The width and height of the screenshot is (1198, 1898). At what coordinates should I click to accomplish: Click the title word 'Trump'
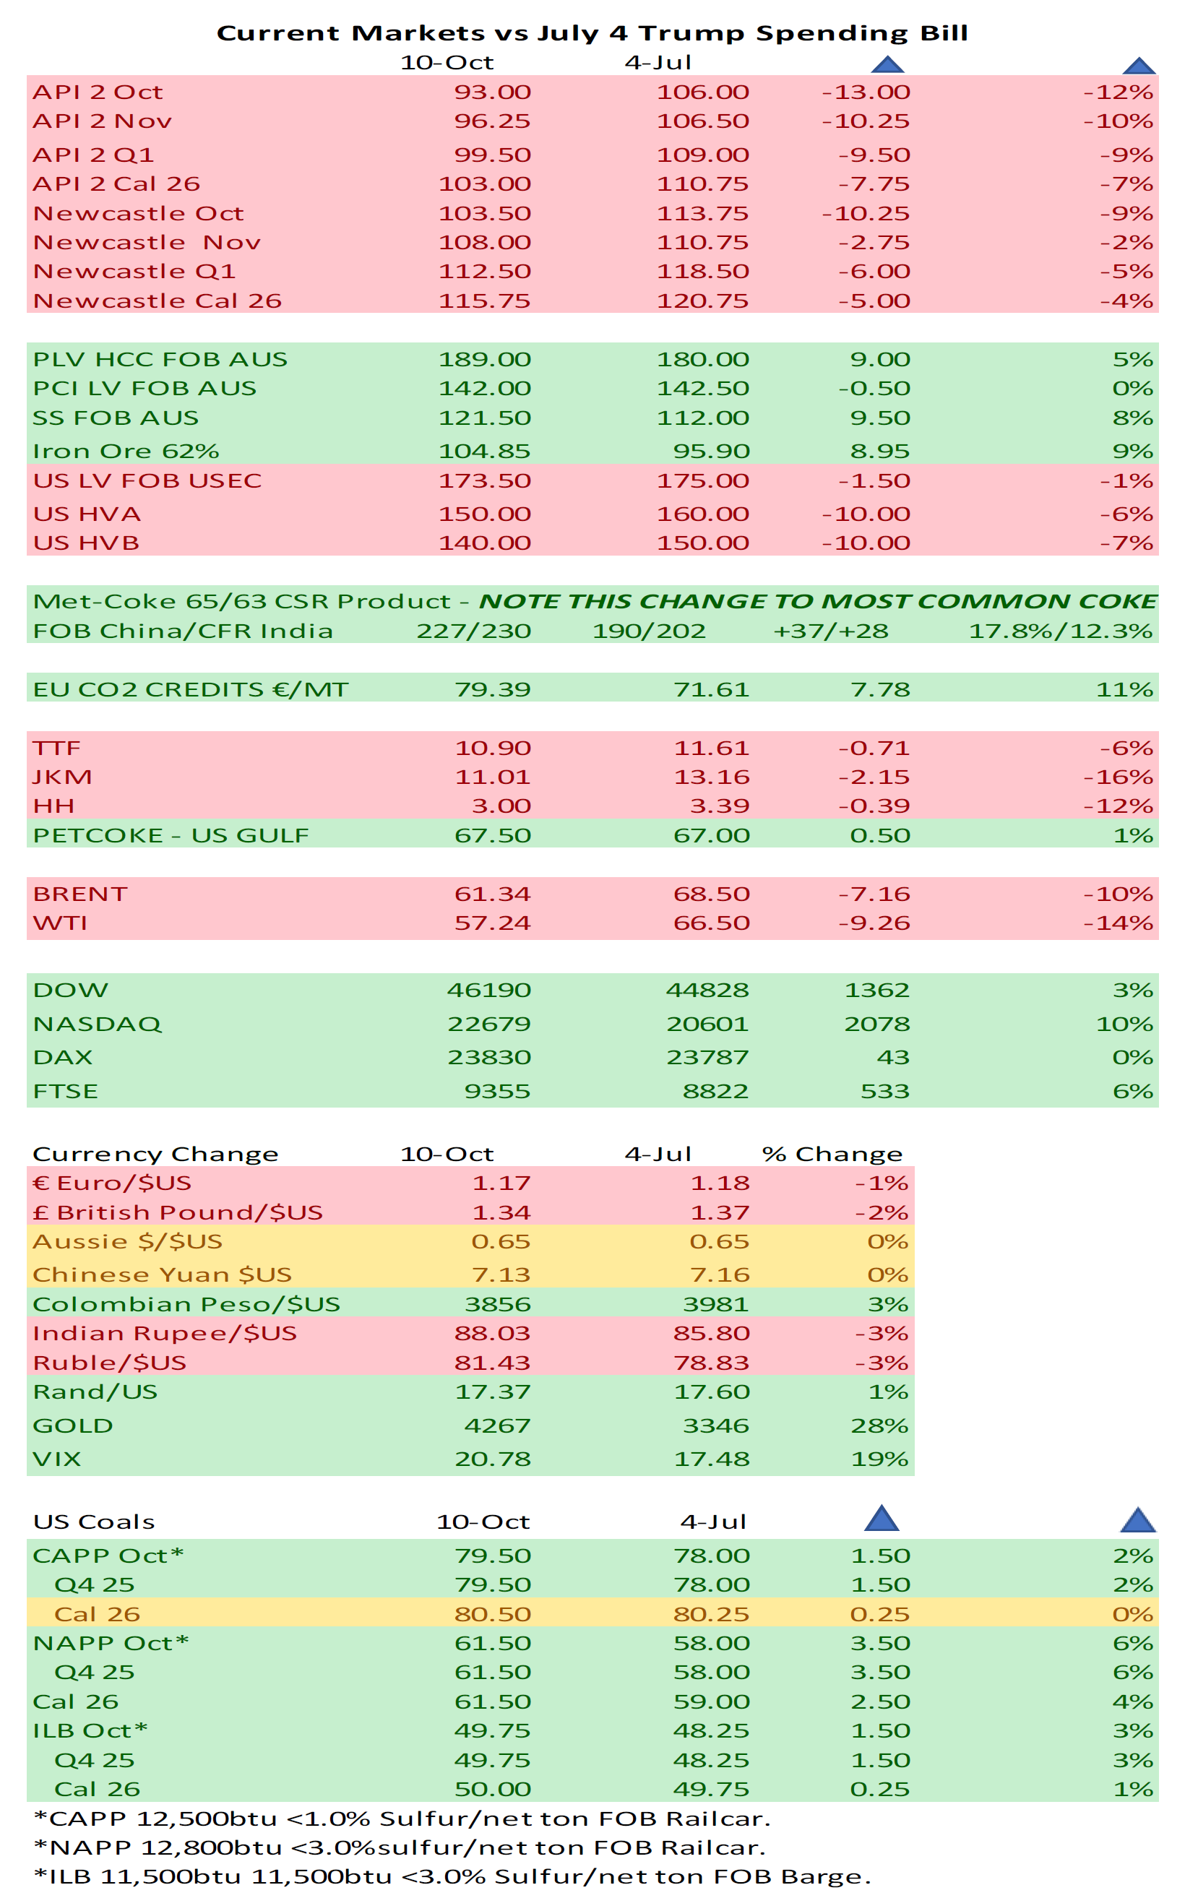point(691,33)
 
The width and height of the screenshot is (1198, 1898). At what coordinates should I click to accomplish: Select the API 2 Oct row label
point(98,92)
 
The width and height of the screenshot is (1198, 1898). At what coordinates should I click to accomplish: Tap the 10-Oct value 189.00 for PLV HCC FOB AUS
point(484,359)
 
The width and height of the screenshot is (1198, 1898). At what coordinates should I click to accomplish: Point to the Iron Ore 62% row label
point(125,451)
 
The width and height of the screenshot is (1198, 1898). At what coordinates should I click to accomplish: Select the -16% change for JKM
point(1118,777)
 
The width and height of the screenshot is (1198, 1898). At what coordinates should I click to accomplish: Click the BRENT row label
point(79,894)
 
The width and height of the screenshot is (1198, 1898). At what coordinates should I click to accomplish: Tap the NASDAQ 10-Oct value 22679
point(488,1024)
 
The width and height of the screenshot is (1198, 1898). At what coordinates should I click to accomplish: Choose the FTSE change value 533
point(884,1091)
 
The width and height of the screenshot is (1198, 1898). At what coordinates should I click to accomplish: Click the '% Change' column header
point(832,1154)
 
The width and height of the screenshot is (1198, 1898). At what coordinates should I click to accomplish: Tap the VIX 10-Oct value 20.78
point(493,1459)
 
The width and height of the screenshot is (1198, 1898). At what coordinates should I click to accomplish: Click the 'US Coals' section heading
point(93,1522)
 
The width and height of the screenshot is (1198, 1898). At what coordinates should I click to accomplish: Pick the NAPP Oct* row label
point(111,1643)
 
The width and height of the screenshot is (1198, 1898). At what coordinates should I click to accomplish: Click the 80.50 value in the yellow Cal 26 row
point(493,1613)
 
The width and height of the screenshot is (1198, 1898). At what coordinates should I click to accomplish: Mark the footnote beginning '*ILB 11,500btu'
point(452,1876)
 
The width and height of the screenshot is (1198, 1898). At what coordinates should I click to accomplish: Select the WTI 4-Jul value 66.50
point(711,923)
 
